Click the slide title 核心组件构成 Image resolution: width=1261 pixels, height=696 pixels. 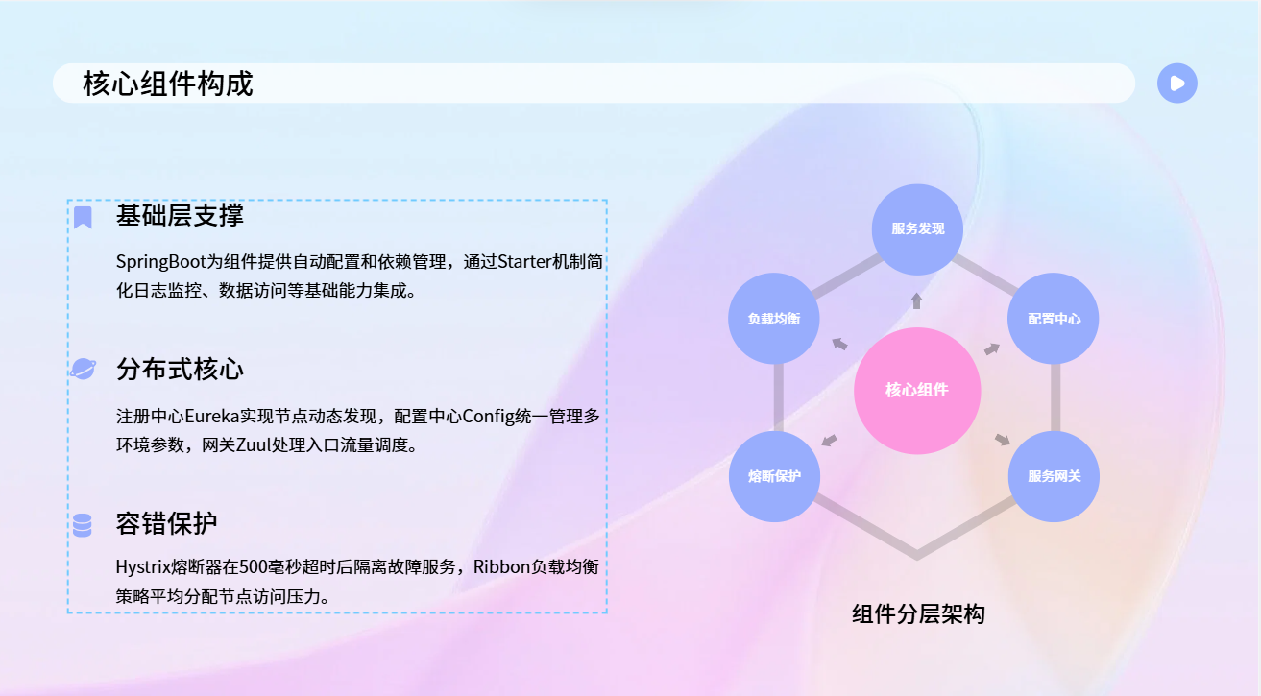point(168,84)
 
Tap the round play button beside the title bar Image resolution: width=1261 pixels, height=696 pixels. point(1176,84)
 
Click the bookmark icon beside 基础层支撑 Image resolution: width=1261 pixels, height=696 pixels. point(83,217)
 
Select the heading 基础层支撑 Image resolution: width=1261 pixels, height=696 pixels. point(180,215)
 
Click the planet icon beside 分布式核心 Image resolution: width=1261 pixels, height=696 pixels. point(83,369)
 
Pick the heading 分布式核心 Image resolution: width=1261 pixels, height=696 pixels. point(180,370)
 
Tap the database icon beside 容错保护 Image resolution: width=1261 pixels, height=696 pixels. point(83,525)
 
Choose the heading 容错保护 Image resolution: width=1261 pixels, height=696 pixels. point(167,523)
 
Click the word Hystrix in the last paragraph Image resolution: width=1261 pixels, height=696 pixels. point(143,567)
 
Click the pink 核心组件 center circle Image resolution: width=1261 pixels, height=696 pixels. point(917,391)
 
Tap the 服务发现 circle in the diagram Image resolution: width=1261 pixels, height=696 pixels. point(917,229)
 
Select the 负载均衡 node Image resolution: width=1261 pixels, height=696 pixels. point(774,319)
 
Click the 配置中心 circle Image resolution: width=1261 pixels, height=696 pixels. point(1054,319)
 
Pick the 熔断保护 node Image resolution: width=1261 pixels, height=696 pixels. point(775,476)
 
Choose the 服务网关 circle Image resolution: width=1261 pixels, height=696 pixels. point(1054,476)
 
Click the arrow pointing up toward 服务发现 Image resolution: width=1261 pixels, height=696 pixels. point(917,301)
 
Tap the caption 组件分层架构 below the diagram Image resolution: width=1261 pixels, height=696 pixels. point(918,613)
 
